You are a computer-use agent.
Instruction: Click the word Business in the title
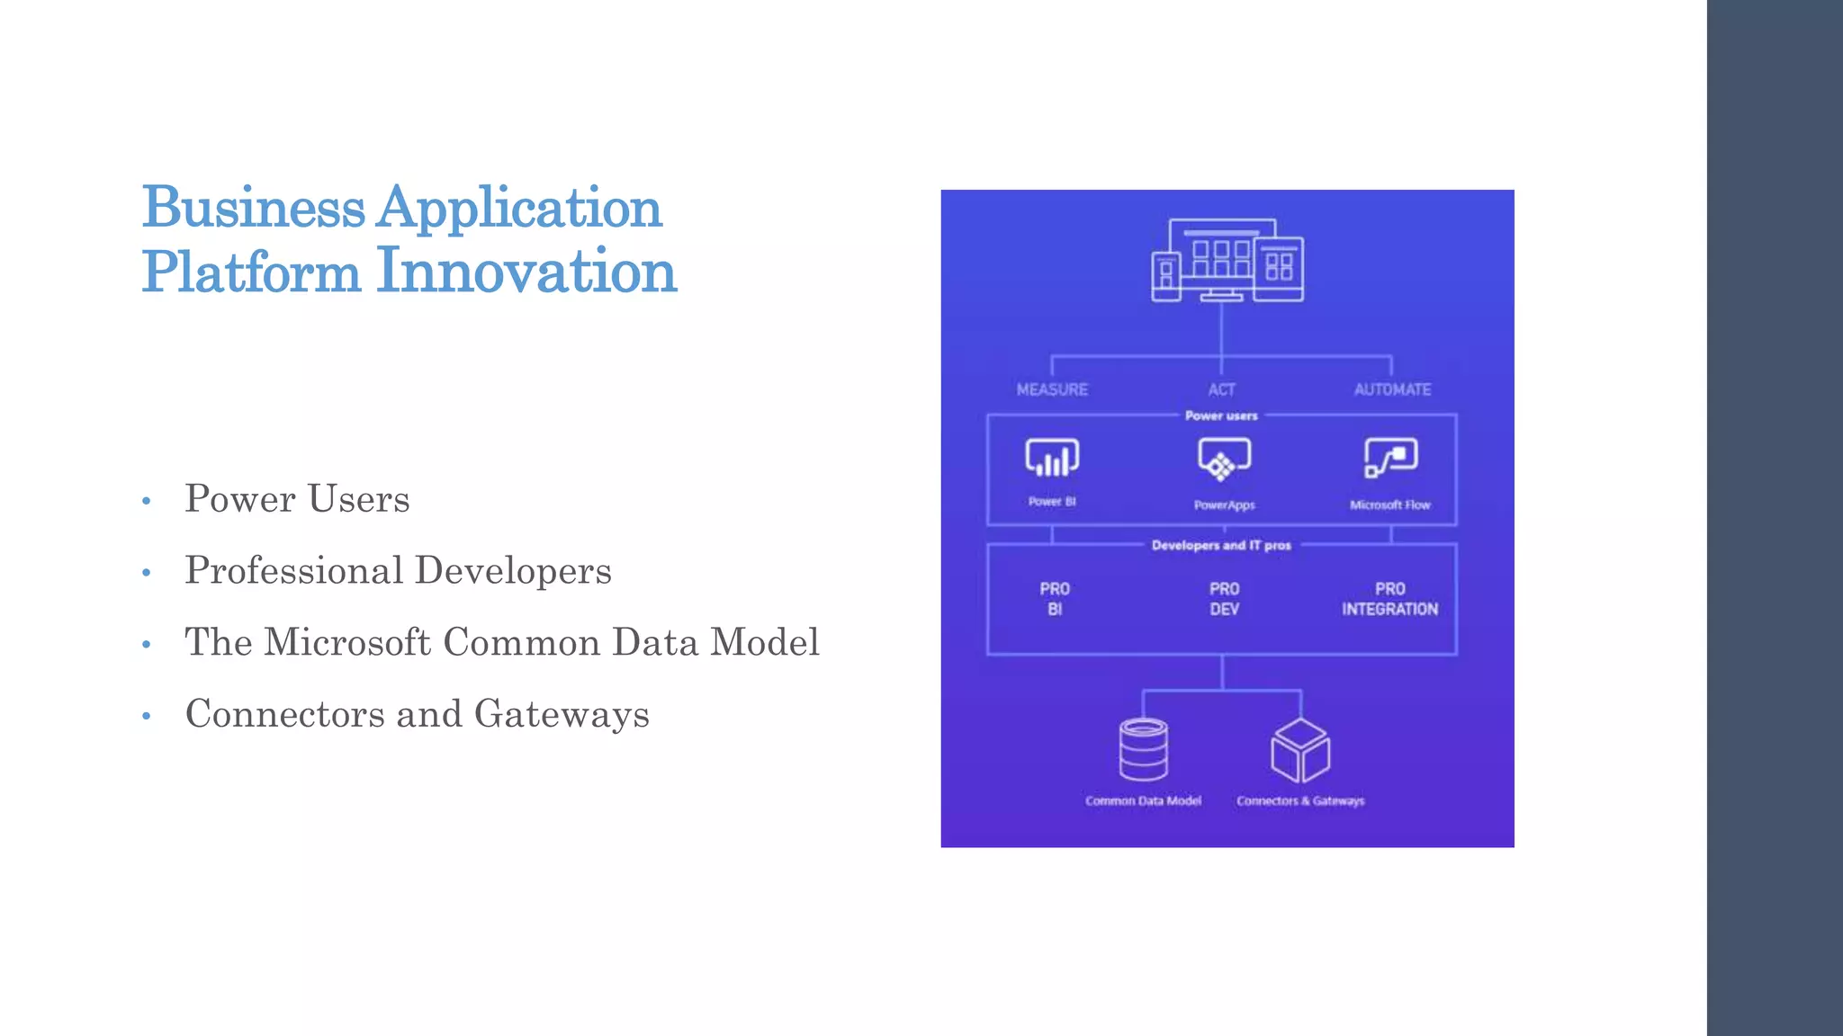click(253, 208)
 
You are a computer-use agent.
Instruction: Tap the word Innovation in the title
click(526, 271)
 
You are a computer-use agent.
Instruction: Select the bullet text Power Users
click(297, 499)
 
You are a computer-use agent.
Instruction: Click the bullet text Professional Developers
click(398, 571)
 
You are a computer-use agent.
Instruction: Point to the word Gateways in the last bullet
click(562, 714)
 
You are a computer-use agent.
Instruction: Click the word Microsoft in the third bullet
click(347, 642)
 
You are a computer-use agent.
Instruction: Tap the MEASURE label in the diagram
click(1052, 389)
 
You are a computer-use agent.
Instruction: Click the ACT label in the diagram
click(1221, 389)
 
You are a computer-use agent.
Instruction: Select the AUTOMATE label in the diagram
click(1392, 389)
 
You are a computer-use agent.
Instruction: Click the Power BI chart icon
click(1052, 458)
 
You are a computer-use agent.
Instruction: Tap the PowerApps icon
click(1224, 460)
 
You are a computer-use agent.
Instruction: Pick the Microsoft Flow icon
click(1390, 458)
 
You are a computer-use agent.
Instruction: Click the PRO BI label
click(1055, 599)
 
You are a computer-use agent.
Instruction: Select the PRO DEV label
click(1224, 599)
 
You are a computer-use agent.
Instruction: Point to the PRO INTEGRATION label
click(1389, 599)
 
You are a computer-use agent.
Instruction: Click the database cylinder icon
click(1143, 750)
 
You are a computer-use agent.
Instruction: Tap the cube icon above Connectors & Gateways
click(1299, 750)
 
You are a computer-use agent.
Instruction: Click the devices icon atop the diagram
click(1227, 260)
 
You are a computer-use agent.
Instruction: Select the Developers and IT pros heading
click(1221, 545)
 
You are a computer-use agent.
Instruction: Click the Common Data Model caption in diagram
click(1143, 800)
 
